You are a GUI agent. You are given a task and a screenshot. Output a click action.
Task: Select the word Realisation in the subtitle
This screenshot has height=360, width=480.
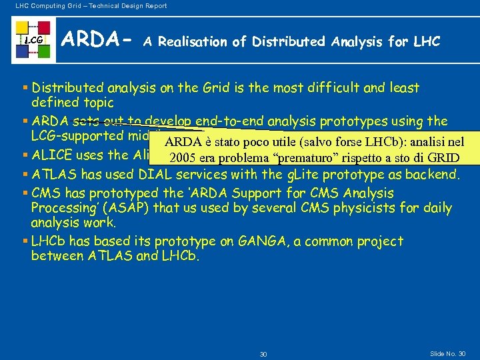pyautogui.click(x=193, y=42)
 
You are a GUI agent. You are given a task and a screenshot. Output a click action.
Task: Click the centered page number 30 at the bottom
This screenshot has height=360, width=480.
pyautogui.click(x=263, y=353)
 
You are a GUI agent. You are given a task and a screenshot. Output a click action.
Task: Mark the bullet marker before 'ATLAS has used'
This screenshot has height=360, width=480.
pyautogui.click(x=25, y=175)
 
